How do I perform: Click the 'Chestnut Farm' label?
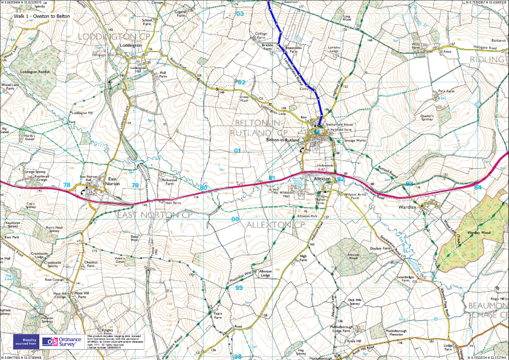92,263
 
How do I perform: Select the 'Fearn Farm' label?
218,315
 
